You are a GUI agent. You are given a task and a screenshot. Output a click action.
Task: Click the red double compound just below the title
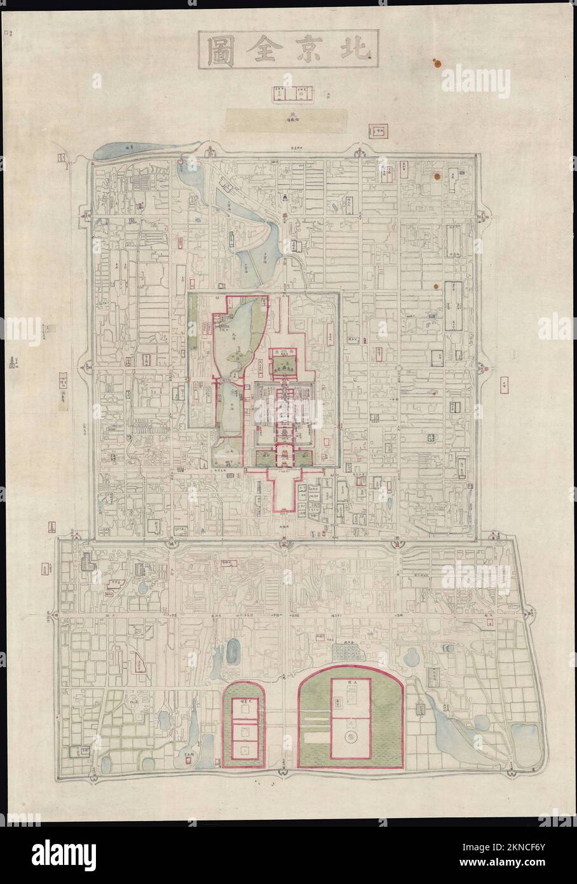point(293,93)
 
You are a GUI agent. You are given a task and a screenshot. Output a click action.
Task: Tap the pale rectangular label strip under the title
point(288,117)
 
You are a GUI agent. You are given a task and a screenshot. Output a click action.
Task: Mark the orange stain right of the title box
point(436,63)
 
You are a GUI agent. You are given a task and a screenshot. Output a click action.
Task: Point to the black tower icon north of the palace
point(285,198)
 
